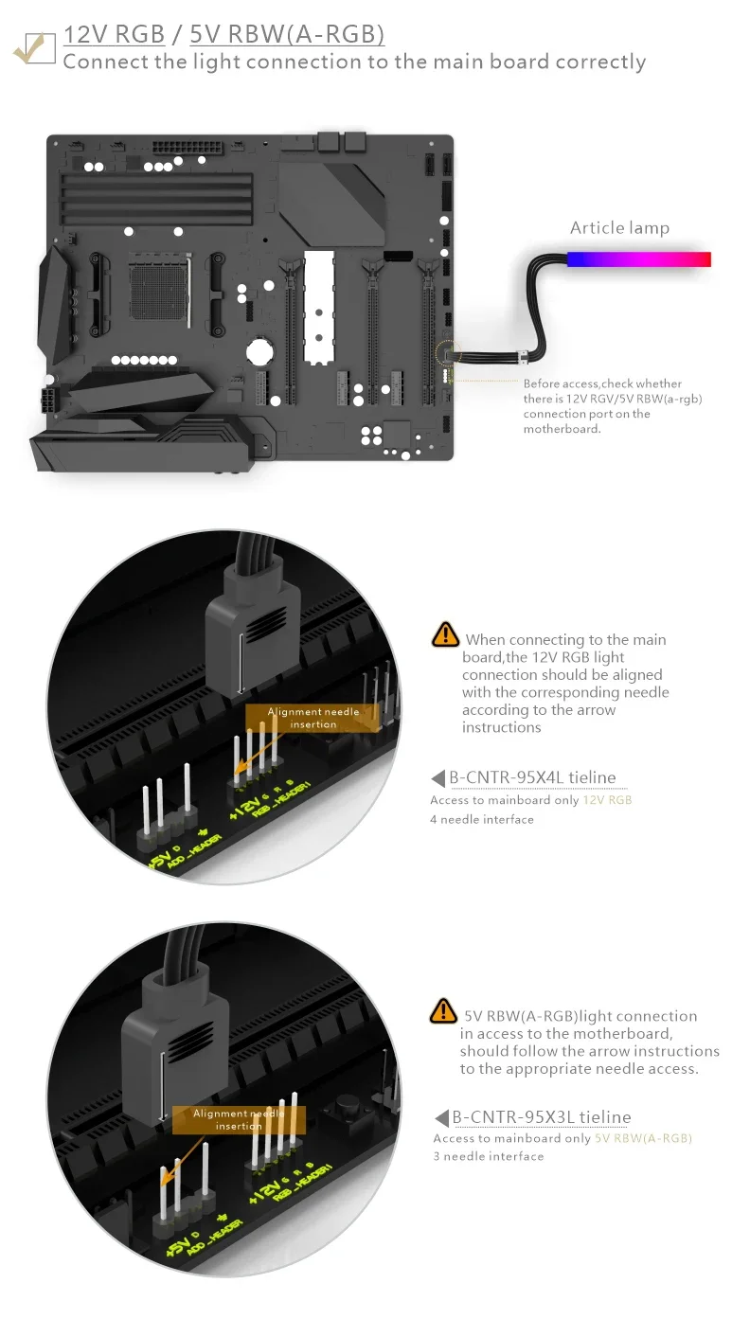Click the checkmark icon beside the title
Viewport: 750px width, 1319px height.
click(x=34, y=47)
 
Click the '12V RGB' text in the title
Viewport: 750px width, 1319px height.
click(x=114, y=36)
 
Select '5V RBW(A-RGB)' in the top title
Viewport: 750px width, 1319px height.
click(x=287, y=36)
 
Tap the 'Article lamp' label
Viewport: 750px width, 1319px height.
click(x=619, y=227)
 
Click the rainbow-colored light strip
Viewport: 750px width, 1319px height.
click(x=638, y=258)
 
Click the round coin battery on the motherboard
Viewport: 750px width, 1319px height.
click(x=260, y=352)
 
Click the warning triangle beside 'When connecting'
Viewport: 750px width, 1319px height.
click(x=445, y=634)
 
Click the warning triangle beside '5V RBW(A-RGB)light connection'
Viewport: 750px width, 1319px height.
click(x=443, y=1010)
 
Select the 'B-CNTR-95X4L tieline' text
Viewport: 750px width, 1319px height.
click(x=532, y=777)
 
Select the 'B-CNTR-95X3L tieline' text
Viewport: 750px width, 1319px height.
click(x=541, y=1117)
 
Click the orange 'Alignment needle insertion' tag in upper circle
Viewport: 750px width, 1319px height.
click(x=313, y=718)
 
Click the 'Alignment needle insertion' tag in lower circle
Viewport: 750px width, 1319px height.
click(x=239, y=1119)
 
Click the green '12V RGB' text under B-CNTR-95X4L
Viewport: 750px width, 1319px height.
click(x=607, y=800)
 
